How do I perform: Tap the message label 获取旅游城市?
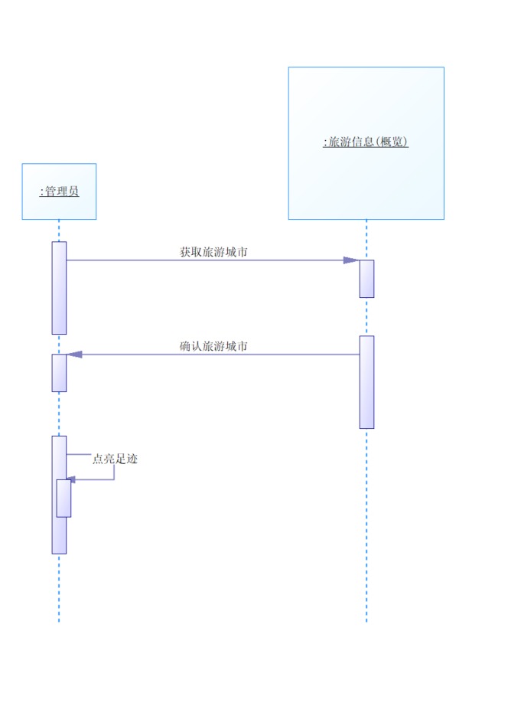coord(213,251)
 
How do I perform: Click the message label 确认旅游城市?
coord(213,346)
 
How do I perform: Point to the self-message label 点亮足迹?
coord(116,459)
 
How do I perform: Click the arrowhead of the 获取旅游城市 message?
coord(351,260)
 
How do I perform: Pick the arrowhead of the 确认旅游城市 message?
coord(74,355)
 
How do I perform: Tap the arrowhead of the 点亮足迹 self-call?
coord(70,480)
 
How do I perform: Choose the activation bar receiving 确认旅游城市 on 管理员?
coord(59,373)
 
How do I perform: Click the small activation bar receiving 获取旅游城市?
coord(366,279)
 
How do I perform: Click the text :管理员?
coord(59,191)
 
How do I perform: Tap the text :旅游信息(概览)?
coord(366,142)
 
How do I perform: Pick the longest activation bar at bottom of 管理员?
coord(59,536)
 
